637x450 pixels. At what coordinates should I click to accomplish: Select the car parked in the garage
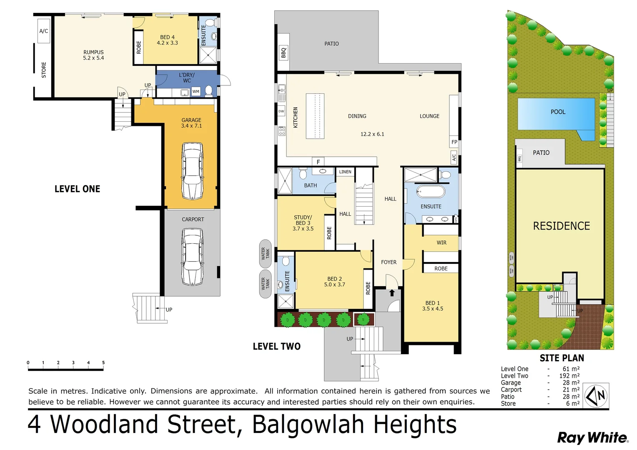click(x=192, y=171)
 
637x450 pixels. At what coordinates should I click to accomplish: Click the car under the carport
click(x=193, y=256)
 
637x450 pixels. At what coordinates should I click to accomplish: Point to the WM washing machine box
click(x=196, y=92)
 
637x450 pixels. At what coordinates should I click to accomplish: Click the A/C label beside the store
click(x=44, y=31)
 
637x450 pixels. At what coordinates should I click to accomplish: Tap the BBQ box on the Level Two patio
click(x=283, y=53)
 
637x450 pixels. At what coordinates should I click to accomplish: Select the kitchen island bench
click(x=315, y=116)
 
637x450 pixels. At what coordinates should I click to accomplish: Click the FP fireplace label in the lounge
click(x=454, y=142)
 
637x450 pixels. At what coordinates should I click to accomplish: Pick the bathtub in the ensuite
click(x=431, y=192)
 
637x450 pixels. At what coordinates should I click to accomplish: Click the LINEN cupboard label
click(x=345, y=172)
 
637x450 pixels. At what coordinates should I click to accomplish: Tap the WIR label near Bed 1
click(x=441, y=242)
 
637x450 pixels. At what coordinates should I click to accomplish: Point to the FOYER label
click(x=389, y=262)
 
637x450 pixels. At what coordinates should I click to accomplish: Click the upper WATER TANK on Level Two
click(x=266, y=253)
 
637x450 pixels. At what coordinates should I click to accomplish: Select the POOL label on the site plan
click(x=558, y=112)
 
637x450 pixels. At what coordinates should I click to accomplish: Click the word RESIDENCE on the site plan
click(x=561, y=226)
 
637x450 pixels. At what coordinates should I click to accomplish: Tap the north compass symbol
click(x=597, y=396)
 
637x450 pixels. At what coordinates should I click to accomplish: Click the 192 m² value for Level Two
click(x=569, y=375)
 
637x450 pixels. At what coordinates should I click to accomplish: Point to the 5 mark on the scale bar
click(x=103, y=362)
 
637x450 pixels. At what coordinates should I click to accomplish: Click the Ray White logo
click(x=592, y=437)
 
